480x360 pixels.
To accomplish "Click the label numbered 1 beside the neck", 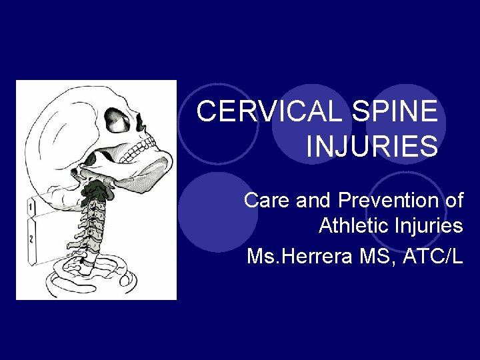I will click(31, 209).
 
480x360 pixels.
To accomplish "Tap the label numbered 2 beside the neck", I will click(31, 238).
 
